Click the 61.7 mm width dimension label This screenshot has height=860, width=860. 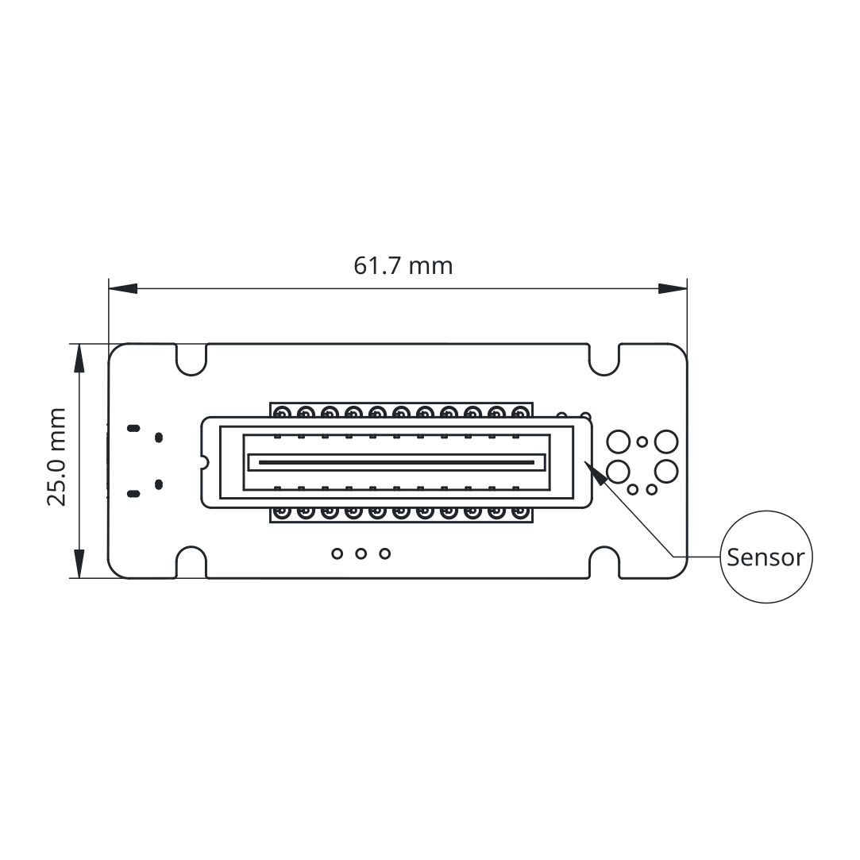(403, 266)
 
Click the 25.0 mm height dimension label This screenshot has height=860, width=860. (57, 457)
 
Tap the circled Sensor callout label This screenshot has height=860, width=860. (766, 557)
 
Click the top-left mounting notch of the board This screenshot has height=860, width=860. (191, 366)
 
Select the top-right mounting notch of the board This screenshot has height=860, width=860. (604, 366)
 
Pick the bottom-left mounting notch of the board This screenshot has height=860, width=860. (191, 555)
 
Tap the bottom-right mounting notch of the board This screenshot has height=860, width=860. (604, 555)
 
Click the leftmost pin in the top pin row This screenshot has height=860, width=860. (282, 411)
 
